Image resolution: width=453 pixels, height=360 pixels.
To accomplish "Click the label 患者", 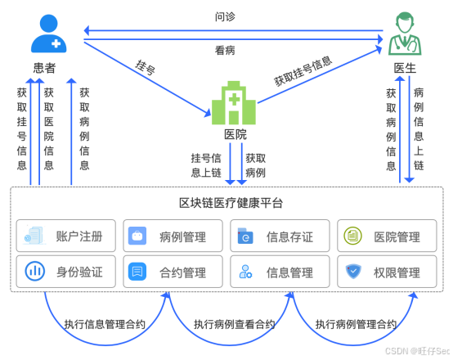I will (46, 70).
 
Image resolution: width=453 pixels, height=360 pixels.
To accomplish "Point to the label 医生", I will (405, 68).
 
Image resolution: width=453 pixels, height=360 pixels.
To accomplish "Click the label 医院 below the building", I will (235, 135).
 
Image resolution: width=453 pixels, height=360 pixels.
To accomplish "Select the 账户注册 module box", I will (66, 237).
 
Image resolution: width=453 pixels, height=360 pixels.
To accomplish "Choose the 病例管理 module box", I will (172, 237).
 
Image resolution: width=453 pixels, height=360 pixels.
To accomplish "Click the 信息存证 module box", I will (279, 237).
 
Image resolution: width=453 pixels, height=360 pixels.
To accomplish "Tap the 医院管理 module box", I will (385, 237).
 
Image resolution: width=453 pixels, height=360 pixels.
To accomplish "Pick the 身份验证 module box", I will (66, 272).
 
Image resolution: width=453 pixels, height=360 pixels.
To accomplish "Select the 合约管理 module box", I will (172, 272).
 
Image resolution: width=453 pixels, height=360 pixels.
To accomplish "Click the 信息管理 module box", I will (279, 272).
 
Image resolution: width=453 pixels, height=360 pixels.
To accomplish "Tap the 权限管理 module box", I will (385, 272).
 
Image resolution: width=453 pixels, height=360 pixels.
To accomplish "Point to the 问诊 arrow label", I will (226, 16).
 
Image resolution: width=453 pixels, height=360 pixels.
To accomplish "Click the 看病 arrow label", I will (226, 50).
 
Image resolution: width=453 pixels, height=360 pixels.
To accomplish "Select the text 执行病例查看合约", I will (231, 325).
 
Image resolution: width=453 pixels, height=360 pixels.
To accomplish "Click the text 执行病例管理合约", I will (357, 325).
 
